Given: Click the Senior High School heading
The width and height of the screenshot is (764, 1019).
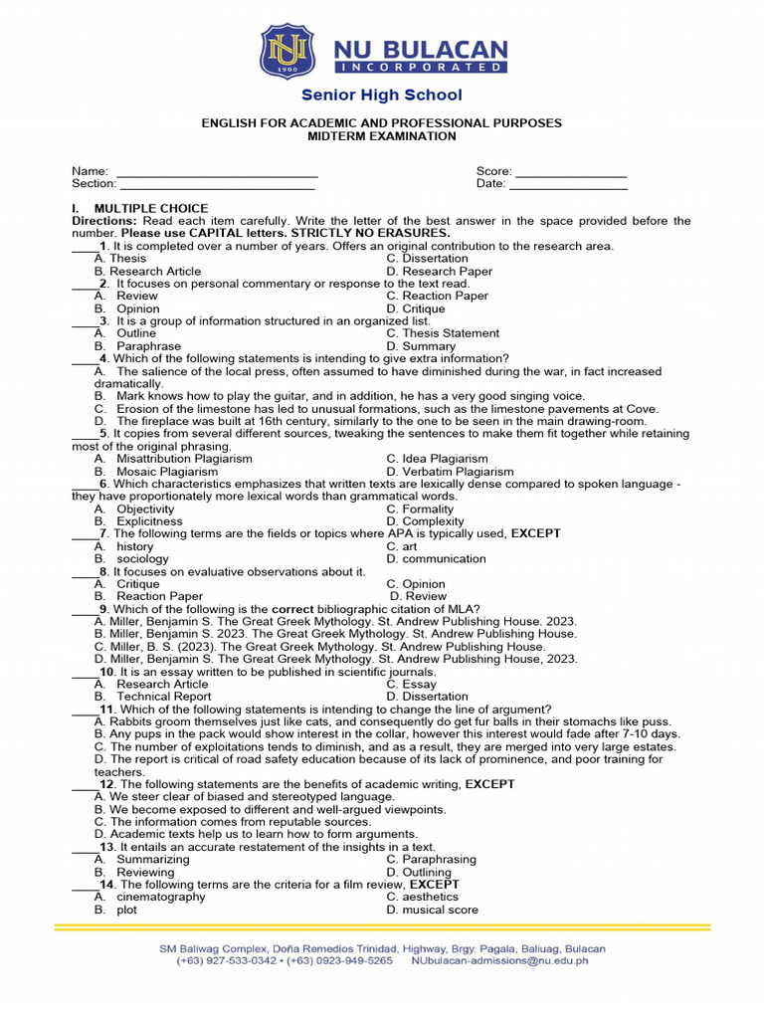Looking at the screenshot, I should (382, 96).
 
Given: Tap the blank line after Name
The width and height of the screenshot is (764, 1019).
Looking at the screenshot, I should (217, 172).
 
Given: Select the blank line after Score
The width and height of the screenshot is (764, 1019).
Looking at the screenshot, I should (570, 172).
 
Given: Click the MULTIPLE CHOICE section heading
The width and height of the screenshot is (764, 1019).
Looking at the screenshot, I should (151, 208).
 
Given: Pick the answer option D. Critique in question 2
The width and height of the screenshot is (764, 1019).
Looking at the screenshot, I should (416, 308).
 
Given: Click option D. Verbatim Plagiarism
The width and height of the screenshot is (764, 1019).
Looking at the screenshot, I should (450, 472).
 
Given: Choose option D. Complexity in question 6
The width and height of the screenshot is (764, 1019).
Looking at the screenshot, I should (425, 521).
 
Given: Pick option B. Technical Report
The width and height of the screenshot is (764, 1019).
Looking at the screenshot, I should (153, 697).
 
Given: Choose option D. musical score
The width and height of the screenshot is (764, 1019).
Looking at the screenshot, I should (432, 910).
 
